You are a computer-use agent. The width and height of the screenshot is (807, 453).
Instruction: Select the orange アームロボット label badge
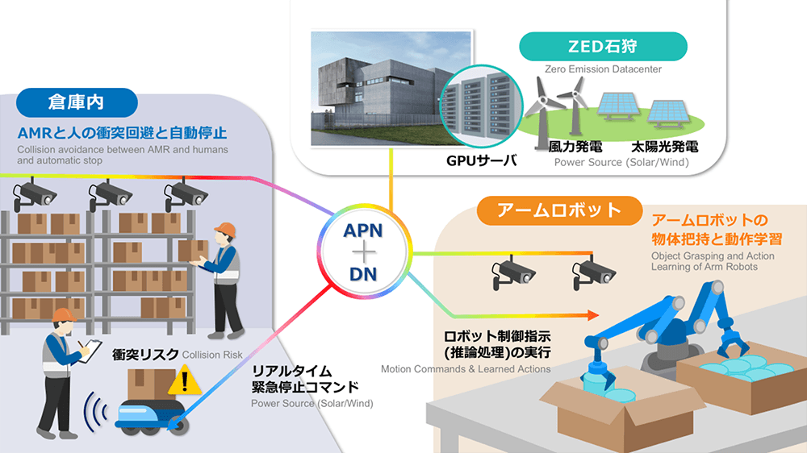tap(549, 211)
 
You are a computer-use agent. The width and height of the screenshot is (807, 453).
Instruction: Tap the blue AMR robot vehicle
tap(150, 415)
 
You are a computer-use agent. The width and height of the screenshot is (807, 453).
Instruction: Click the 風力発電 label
tap(574, 148)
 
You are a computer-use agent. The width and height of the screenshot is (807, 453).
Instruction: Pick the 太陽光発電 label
tap(664, 148)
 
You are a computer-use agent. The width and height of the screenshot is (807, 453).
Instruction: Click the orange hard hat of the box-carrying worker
tap(224, 230)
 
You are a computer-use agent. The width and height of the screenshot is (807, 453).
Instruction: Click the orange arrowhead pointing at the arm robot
tap(593, 316)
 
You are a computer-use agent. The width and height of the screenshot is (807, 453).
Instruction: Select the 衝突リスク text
tap(145, 355)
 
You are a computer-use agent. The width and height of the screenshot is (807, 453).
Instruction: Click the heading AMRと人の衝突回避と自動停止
tap(121, 131)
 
